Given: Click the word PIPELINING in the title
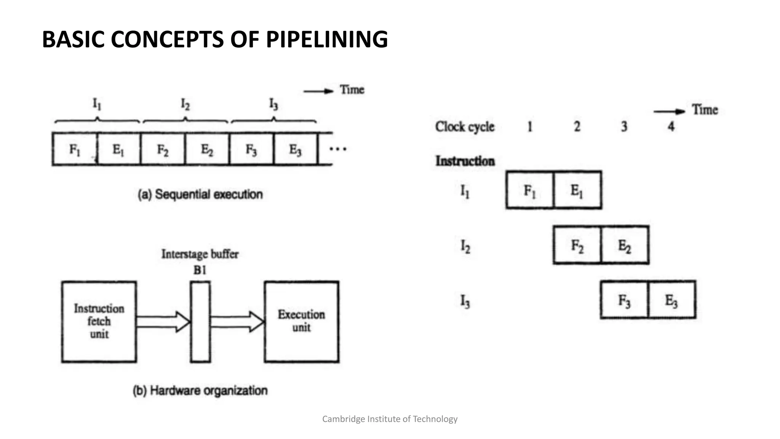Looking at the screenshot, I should [x=327, y=39].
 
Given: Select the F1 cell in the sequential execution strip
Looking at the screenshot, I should [x=75, y=149].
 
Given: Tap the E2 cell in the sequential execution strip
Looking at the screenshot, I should [x=207, y=149].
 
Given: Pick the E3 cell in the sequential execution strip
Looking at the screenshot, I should [x=295, y=149].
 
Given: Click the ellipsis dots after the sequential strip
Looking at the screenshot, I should [x=338, y=149].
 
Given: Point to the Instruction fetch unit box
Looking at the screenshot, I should [x=99, y=321].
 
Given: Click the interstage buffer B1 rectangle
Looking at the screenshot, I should [x=200, y=321].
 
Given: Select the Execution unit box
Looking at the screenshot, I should [x=301, y=321].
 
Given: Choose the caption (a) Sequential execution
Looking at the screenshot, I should [x=200, y=194].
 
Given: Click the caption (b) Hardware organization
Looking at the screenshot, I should [x=200, y=391].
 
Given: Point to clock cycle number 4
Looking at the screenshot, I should [x=671, y=126].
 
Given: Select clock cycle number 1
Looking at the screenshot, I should [x=530, y=126].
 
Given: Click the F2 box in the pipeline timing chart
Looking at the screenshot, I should [x=577, y=245].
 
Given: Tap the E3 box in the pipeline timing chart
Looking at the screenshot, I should [x=671, y=300].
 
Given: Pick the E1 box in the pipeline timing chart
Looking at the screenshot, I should [x=577, y=190].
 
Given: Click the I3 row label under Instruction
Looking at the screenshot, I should [x=465, y=301].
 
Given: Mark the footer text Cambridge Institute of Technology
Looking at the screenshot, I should [x=390, y=419].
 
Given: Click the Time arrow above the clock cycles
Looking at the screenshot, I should [x=669, y=111].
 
